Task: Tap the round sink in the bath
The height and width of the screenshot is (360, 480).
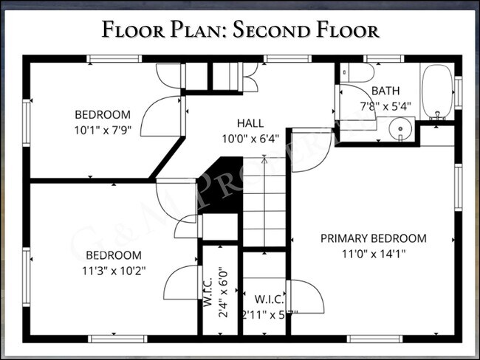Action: pyautogui.click(x=400, y=130)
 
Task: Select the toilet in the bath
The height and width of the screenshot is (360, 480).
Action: pyautogui.click(x=361, y=72)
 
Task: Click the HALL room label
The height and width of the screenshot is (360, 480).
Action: pyautogui.click(x=250, y=123)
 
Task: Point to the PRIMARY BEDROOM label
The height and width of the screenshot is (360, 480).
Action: pyautogui.click(x=373, y=238)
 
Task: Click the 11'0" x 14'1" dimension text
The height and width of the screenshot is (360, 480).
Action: pyautogui.click(x=374, y=253)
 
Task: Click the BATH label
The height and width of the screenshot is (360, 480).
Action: pyautogui.click(x=385, y=91)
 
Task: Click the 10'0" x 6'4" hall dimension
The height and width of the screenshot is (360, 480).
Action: pyautogui.click(x=250, y=137)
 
